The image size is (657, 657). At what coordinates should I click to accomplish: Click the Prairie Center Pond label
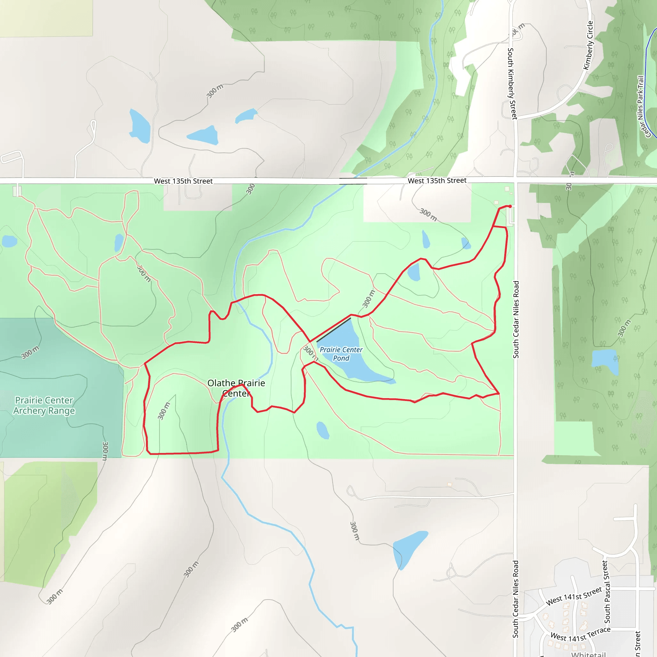(341, 354)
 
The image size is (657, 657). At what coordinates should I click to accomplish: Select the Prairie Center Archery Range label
(44, 405)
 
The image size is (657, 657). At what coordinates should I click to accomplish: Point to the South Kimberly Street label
(511, 84)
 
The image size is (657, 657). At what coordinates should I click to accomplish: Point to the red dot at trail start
(510, 206)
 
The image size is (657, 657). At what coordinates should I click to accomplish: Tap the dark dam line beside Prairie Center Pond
(333, 330)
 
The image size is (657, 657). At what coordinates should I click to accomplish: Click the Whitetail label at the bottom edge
(588, 653)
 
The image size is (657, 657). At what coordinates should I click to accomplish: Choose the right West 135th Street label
(437, 181)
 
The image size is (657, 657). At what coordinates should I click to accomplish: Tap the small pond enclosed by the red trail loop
(414, 272)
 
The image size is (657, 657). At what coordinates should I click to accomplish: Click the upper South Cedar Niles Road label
(516, 319)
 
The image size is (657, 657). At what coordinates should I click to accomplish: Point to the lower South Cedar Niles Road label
(516, 599)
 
